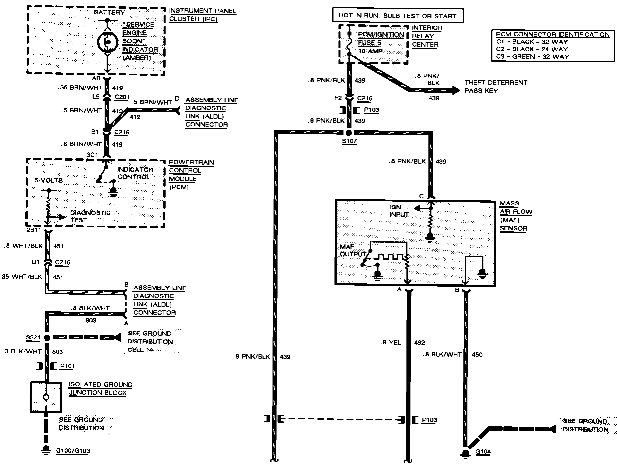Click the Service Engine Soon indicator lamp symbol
(107, 42)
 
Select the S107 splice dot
(349, 133)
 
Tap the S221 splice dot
(47, 338)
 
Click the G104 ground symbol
(465, 452)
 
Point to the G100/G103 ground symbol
(46, 450)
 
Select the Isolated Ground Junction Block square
(46, 397)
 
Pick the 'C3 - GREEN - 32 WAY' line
(532, 56)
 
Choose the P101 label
(67, 366)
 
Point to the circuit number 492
(419, 342)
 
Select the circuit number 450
(477, 354)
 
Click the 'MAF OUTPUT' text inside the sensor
(353, 250)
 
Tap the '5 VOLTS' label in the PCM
(48, 180)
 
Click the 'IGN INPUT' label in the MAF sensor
(399, 211)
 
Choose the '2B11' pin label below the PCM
(33, 230)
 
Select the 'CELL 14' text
(140, 350)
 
